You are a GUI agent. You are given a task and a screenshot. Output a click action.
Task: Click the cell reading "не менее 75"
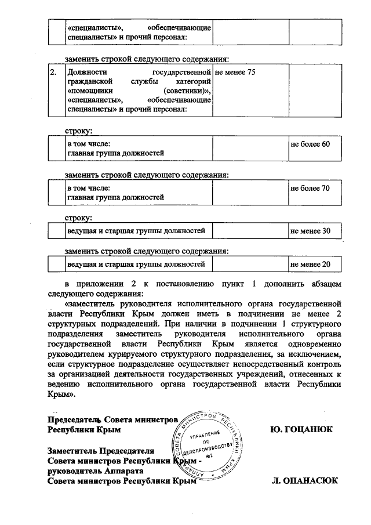(x=235, y=73)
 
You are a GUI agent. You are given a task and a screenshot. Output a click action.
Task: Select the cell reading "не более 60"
(x=310, y=143)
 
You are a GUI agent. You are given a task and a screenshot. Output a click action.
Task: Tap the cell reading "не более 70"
(x=310, y=188)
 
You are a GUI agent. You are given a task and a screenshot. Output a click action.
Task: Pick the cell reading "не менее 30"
(x=310, y=231)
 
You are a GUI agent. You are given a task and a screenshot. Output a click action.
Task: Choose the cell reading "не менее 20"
(x=310, y=265)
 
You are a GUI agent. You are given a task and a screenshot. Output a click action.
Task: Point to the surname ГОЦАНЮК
(x=301, y=430)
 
